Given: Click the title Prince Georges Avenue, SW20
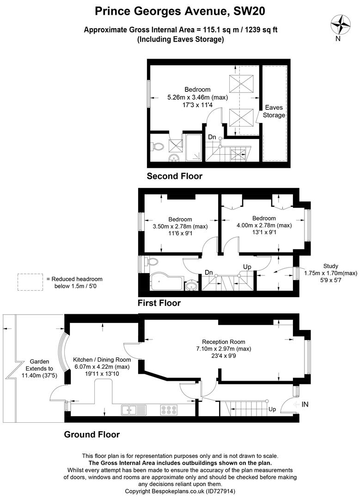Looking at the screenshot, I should point(180,10).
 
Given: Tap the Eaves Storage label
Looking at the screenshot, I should point(274,111).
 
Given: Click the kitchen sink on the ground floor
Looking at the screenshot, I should point(131,409).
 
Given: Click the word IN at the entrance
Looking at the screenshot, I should point(305,404).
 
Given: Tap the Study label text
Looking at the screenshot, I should point(330,266).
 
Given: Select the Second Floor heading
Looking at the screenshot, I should point(174,176).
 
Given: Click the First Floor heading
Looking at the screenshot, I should point(159,303).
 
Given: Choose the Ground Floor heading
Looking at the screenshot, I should point(92,434).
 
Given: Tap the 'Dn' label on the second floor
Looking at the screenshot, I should point(212,137).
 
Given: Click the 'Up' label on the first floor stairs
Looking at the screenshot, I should point(247,268).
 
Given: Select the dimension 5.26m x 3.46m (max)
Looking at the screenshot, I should point(197,97).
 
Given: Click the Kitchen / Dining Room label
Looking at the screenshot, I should point(102,359).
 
